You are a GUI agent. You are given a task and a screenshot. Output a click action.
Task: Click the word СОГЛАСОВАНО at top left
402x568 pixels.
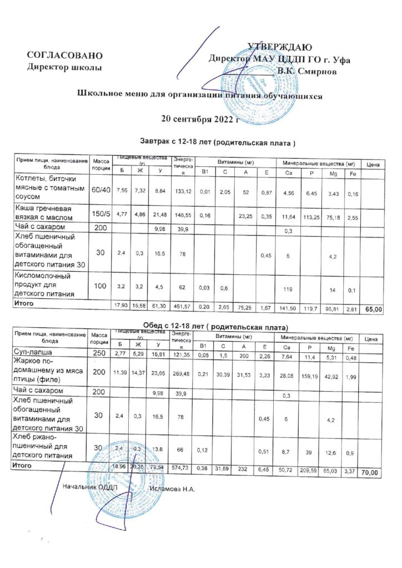(65, 55)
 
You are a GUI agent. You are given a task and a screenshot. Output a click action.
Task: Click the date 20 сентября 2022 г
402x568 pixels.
(199, 118)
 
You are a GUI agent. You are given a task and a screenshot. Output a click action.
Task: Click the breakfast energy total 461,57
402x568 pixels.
(183, 307)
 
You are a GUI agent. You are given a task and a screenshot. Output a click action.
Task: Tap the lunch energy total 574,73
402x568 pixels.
(183, 469)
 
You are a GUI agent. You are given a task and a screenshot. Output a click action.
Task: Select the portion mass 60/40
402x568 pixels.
(100, 190)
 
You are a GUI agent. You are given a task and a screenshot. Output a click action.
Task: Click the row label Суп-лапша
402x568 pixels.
(32, 353)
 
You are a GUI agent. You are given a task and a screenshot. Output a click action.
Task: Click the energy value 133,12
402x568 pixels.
(183, 191)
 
